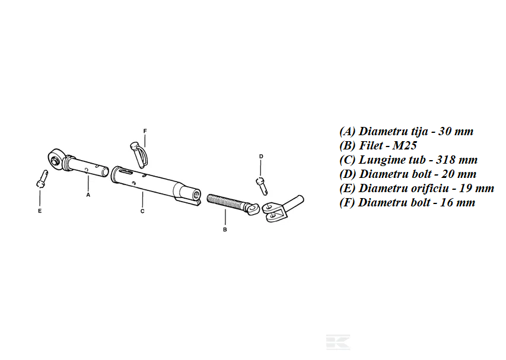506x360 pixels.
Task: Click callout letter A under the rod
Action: pyautogui.click(x=88, y=195)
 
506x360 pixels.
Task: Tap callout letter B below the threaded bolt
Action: pyautogui.click(x=225, y=230)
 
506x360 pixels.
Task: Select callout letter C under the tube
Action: pyautogui.click(x=142, y=211)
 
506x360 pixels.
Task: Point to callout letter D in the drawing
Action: pyautogui.click(x=261, y=157)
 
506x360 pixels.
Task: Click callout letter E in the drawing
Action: pyautogui.click(x=40, y=211)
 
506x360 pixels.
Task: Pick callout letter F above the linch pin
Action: pyautogui.click(x=145, y=131)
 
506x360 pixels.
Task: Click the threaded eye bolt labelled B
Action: pyautogui.click(x=233, y=205)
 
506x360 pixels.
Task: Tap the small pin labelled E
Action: pyautogui.click(x=42, y=179)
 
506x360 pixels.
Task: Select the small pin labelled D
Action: pyautogui.click(x=262, y=186)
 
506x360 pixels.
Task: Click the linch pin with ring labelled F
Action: pyautogui.click(x=139, y=155)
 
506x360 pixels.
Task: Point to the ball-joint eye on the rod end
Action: pyautogui.click(x=56, y=158)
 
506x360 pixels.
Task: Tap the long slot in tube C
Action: pyautogui.click(x=124, y=171)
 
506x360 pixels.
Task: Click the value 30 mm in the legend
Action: pyautogui.click(x=456, y=131)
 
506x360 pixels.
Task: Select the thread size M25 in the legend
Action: pyautogui.click(x=405, y=145)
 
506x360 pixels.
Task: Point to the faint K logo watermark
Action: pyautogui.click(x=338, y=342)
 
